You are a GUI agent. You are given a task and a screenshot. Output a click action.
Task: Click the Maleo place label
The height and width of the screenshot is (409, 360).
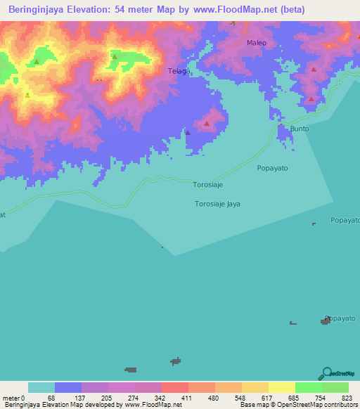click(x=256, y=43)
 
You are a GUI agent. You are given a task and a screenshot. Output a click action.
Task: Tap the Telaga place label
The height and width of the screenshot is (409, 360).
click(x=179, y=71)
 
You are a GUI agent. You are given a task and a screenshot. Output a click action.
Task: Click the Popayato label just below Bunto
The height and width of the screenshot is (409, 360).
click(x=272, y=168)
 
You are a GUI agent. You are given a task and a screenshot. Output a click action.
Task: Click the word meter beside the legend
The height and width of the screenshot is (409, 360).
click(x=12, y=398)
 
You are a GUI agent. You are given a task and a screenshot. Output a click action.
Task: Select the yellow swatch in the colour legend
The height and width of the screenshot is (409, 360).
click(x=281, y=387)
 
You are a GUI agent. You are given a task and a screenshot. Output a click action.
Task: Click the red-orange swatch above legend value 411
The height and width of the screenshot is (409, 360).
click(x=174, y=387)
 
